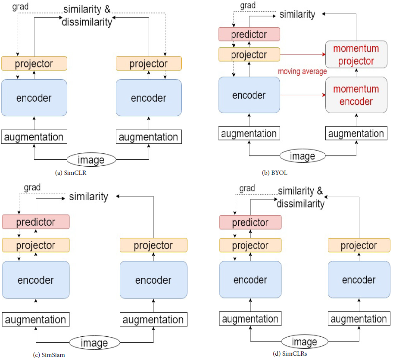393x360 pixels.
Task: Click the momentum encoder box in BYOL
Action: pos(356,95)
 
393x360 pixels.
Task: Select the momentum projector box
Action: pos(356,55)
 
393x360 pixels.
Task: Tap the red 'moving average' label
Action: pos(302,71)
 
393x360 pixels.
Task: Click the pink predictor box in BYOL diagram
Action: pos(249,34)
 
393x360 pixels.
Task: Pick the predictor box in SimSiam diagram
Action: pos(36,222)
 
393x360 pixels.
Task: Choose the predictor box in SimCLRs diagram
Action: pos(250,223)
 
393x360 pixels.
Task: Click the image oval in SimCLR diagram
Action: pos(91,160)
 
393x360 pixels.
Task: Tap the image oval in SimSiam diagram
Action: pos(94,343)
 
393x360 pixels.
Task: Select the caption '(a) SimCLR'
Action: pos(71,173)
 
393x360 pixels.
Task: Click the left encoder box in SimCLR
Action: pos(34,98)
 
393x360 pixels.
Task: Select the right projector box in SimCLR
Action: pos(149,64)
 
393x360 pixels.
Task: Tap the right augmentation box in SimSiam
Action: pos(153,320)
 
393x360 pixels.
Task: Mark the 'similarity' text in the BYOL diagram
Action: pos(297,14)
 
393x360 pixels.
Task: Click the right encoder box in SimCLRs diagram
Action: pos(359,280)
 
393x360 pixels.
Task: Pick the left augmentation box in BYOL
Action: pos(249,133)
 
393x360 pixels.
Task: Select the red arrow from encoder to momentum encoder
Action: pos(303,95)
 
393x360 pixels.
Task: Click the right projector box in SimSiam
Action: pos(153,245)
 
